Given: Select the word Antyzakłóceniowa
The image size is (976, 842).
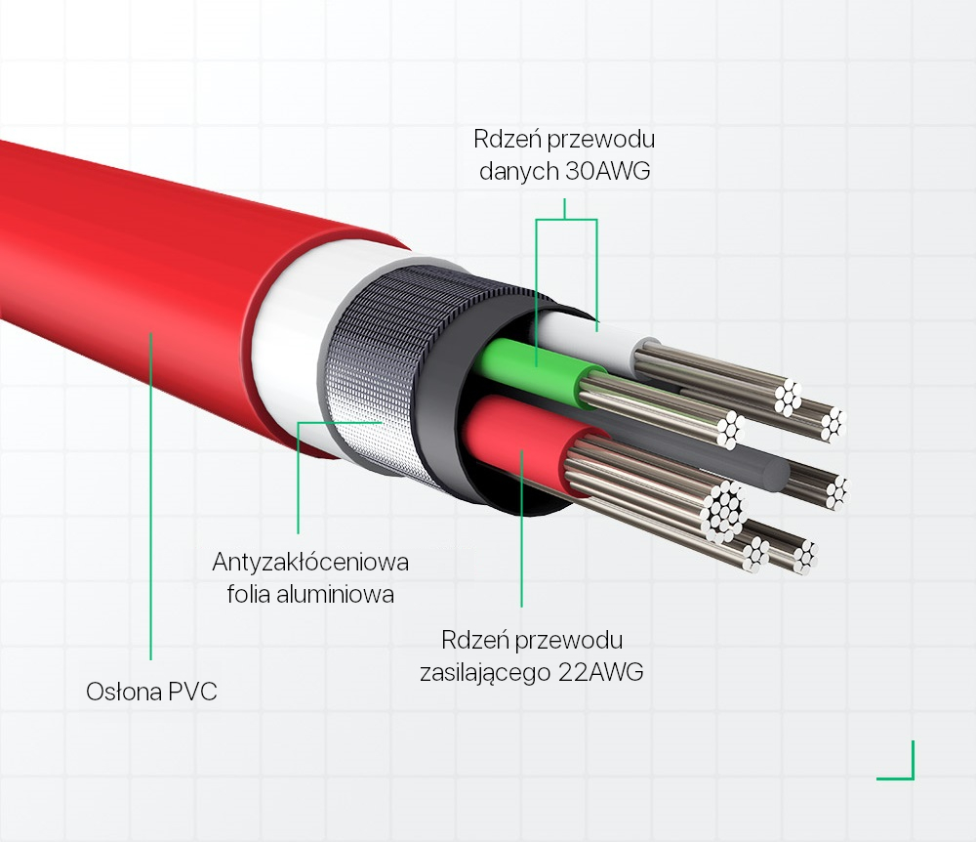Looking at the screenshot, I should (x=310, y=564).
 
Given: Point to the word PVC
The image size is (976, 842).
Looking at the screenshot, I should (x=193, y=693).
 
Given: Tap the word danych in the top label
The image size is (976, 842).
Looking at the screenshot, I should (x=519, y=172).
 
